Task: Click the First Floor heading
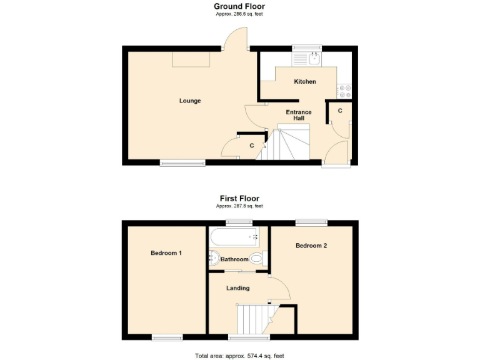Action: coord(239,199)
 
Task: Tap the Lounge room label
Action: coord(189,101)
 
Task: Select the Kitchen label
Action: coord(305,82)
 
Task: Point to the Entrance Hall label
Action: coord(299,115)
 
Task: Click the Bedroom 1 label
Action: coord(166,253)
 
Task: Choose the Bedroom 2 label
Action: coord(311,246)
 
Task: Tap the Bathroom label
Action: coord(234,259)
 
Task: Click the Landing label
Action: coord(238,288)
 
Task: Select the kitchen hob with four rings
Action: coord(345,91)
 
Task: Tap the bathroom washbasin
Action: coord(213,257)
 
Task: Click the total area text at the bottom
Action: coord(239,356)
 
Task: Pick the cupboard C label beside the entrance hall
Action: coord(340,111)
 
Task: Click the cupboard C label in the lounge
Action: coord(252,146)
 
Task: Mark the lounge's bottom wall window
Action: coord(182,163)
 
